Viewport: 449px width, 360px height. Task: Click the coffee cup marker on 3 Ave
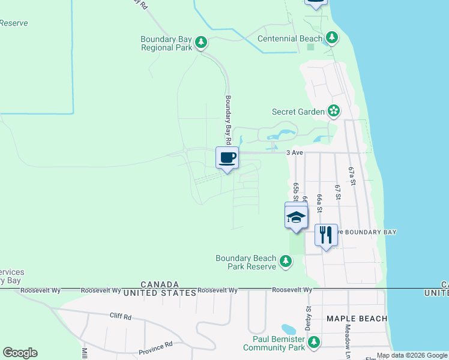pos(227,158)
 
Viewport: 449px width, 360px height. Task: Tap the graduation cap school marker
pos(296,217)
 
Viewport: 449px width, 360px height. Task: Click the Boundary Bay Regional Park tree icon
pos(201,43)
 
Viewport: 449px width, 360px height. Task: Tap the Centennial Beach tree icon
pos(332,38)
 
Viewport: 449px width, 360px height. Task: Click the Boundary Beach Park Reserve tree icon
pos(286,262)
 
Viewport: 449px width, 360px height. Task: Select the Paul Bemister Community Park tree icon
pos(313,343)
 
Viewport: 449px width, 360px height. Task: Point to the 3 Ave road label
pos(294,152)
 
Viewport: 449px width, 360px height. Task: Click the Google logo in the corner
pos(20,353)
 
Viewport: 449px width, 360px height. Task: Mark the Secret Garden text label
pos(298,112)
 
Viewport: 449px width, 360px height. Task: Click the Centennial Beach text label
pos(290,38)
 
